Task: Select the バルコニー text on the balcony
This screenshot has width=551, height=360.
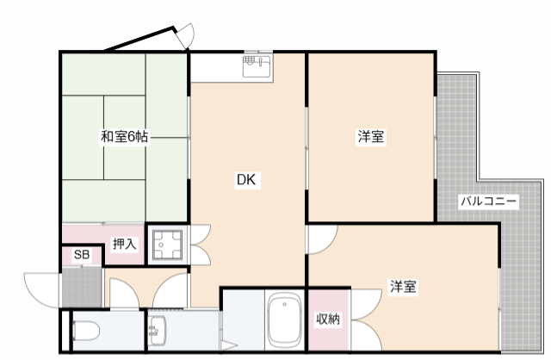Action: coord(488,201)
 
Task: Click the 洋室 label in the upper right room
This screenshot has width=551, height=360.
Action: coord(371,137)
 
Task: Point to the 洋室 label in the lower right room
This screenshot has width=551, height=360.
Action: coord(403,287)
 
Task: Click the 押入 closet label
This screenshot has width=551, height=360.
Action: coord(124,244)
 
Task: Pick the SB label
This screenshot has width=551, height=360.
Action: coord(81,255)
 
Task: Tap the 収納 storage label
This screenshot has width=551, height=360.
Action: coord(327,320)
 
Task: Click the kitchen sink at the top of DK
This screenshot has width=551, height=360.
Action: coord(257,65)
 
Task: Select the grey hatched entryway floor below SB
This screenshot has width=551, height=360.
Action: coord(83,287)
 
